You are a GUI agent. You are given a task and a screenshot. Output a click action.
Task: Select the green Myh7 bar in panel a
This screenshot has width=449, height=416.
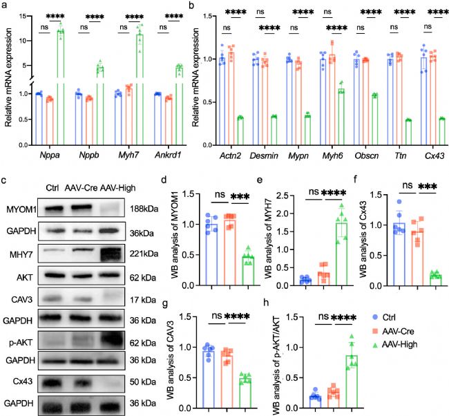(142, 69)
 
